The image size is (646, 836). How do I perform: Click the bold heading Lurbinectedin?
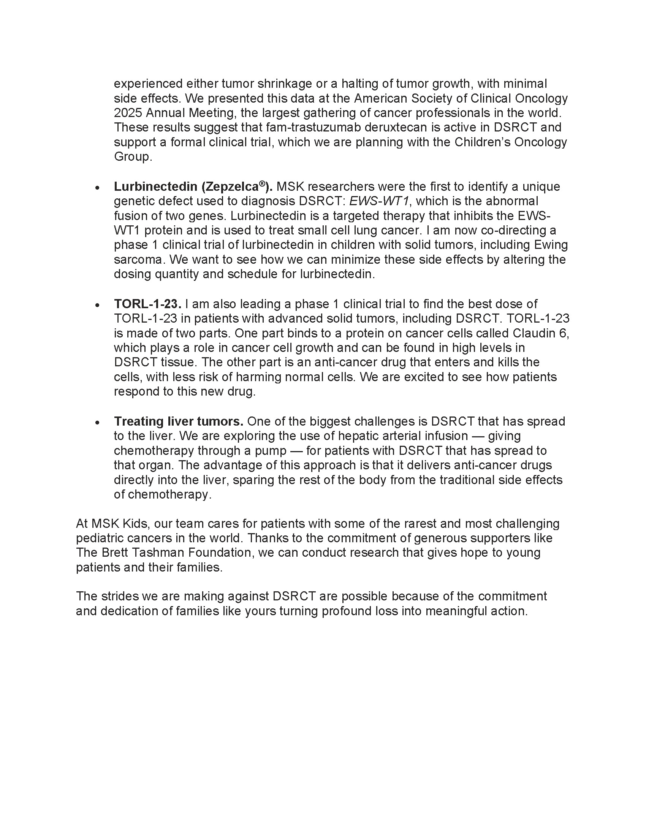(x=155, y=187)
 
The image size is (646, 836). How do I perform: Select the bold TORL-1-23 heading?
(x=147, y=304)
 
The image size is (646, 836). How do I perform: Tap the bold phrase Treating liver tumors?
(x=179, y=421)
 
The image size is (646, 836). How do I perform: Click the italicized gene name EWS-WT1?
(x=379, y=201)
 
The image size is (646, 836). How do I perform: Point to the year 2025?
(x=127, y=113)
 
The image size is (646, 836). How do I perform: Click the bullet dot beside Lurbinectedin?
(x=98, y=188)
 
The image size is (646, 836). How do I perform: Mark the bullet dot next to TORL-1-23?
(x=98, y=305)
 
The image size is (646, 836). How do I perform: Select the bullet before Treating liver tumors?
(x=98, y=423)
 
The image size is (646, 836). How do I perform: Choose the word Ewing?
(x=551, y=245)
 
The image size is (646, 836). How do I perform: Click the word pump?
(x=272, y=451)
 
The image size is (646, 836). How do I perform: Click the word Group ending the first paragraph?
(x=132, y=157)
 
